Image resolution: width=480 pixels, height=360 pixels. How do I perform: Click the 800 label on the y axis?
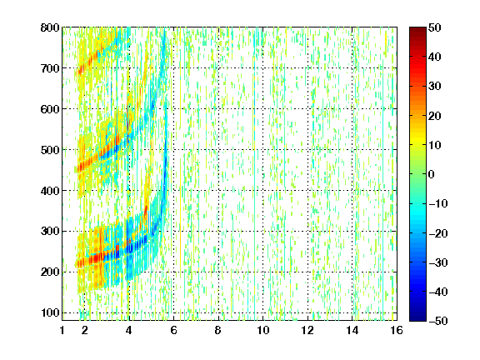50,27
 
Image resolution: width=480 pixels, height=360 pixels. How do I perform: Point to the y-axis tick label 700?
50,68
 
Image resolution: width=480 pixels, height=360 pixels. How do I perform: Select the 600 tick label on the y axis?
50,109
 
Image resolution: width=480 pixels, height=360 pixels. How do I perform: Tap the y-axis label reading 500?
50,150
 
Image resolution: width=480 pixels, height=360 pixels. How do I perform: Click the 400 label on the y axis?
50,191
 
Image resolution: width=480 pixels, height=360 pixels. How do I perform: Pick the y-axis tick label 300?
50,232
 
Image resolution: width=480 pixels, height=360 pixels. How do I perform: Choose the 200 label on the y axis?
50,272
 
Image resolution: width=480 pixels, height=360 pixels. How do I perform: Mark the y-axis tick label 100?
50,312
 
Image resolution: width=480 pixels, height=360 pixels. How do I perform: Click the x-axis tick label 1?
62,330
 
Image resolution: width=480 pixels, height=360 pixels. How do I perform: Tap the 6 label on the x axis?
173,330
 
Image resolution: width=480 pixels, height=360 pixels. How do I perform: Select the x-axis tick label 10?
263,330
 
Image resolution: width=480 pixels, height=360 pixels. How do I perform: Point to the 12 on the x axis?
307,330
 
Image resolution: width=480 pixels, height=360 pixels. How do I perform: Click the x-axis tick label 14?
352,330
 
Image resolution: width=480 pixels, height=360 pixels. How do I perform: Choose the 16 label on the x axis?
397,330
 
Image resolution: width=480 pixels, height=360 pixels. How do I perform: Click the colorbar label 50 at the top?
435,27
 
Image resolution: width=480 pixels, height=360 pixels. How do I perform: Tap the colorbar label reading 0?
432,174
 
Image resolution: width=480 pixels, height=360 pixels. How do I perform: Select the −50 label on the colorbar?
438,321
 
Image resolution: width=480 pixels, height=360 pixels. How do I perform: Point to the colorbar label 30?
435,87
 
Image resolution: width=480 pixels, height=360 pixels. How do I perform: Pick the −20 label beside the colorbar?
438,233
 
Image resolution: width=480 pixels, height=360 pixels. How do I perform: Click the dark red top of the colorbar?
417,31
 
